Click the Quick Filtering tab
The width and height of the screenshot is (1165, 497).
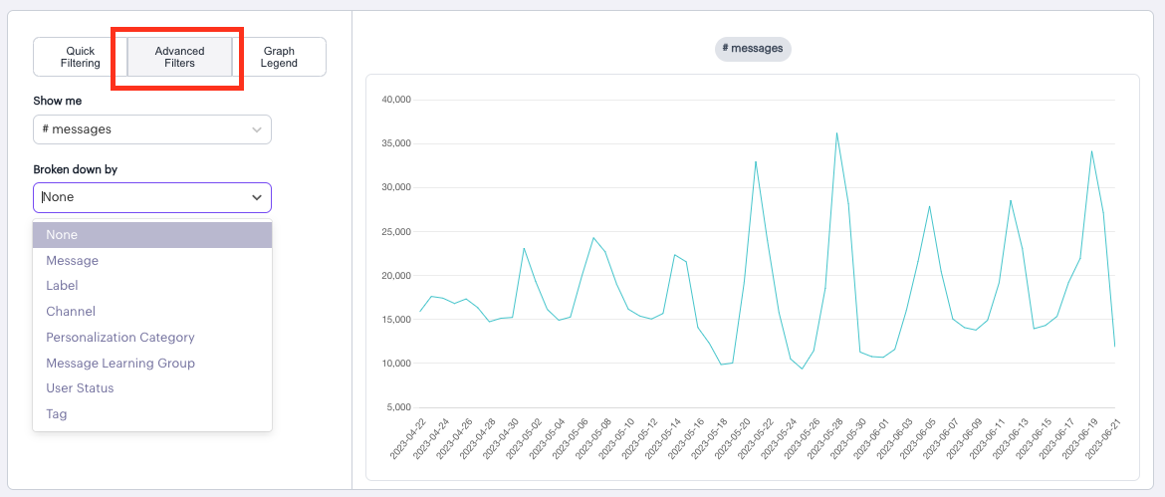(x=81, y=57)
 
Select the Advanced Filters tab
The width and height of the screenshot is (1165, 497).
(x=180, y=57)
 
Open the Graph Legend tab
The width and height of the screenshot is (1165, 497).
(x=279, y=57)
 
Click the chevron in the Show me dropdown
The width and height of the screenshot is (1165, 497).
(x=257, y=129)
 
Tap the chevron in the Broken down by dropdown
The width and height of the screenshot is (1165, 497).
(x=257, y=197)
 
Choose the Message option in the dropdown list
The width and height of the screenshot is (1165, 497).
(x=72, y=261)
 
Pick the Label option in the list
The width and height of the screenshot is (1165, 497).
(x=62, y=286)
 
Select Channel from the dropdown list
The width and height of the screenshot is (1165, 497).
(x=71, y=312)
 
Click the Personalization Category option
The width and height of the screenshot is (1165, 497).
(x=120, y=338)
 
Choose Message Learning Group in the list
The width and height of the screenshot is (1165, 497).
(x=120, y=364)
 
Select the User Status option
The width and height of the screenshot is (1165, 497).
(x=80, y=388)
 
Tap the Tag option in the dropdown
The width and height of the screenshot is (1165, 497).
(x=57, y=414)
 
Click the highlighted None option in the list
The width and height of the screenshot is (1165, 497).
(x=62, y=235)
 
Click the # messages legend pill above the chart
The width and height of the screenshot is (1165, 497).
(x=753, y=48)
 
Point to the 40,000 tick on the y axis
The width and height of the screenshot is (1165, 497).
(x=395, y=101)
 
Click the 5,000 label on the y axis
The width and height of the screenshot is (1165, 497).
(x=398, y=407)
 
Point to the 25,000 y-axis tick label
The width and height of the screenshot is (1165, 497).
(x=395, y=232)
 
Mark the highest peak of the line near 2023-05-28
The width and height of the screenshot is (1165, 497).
(x=836, y=132)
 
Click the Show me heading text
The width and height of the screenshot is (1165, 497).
(x=57, y=101)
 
